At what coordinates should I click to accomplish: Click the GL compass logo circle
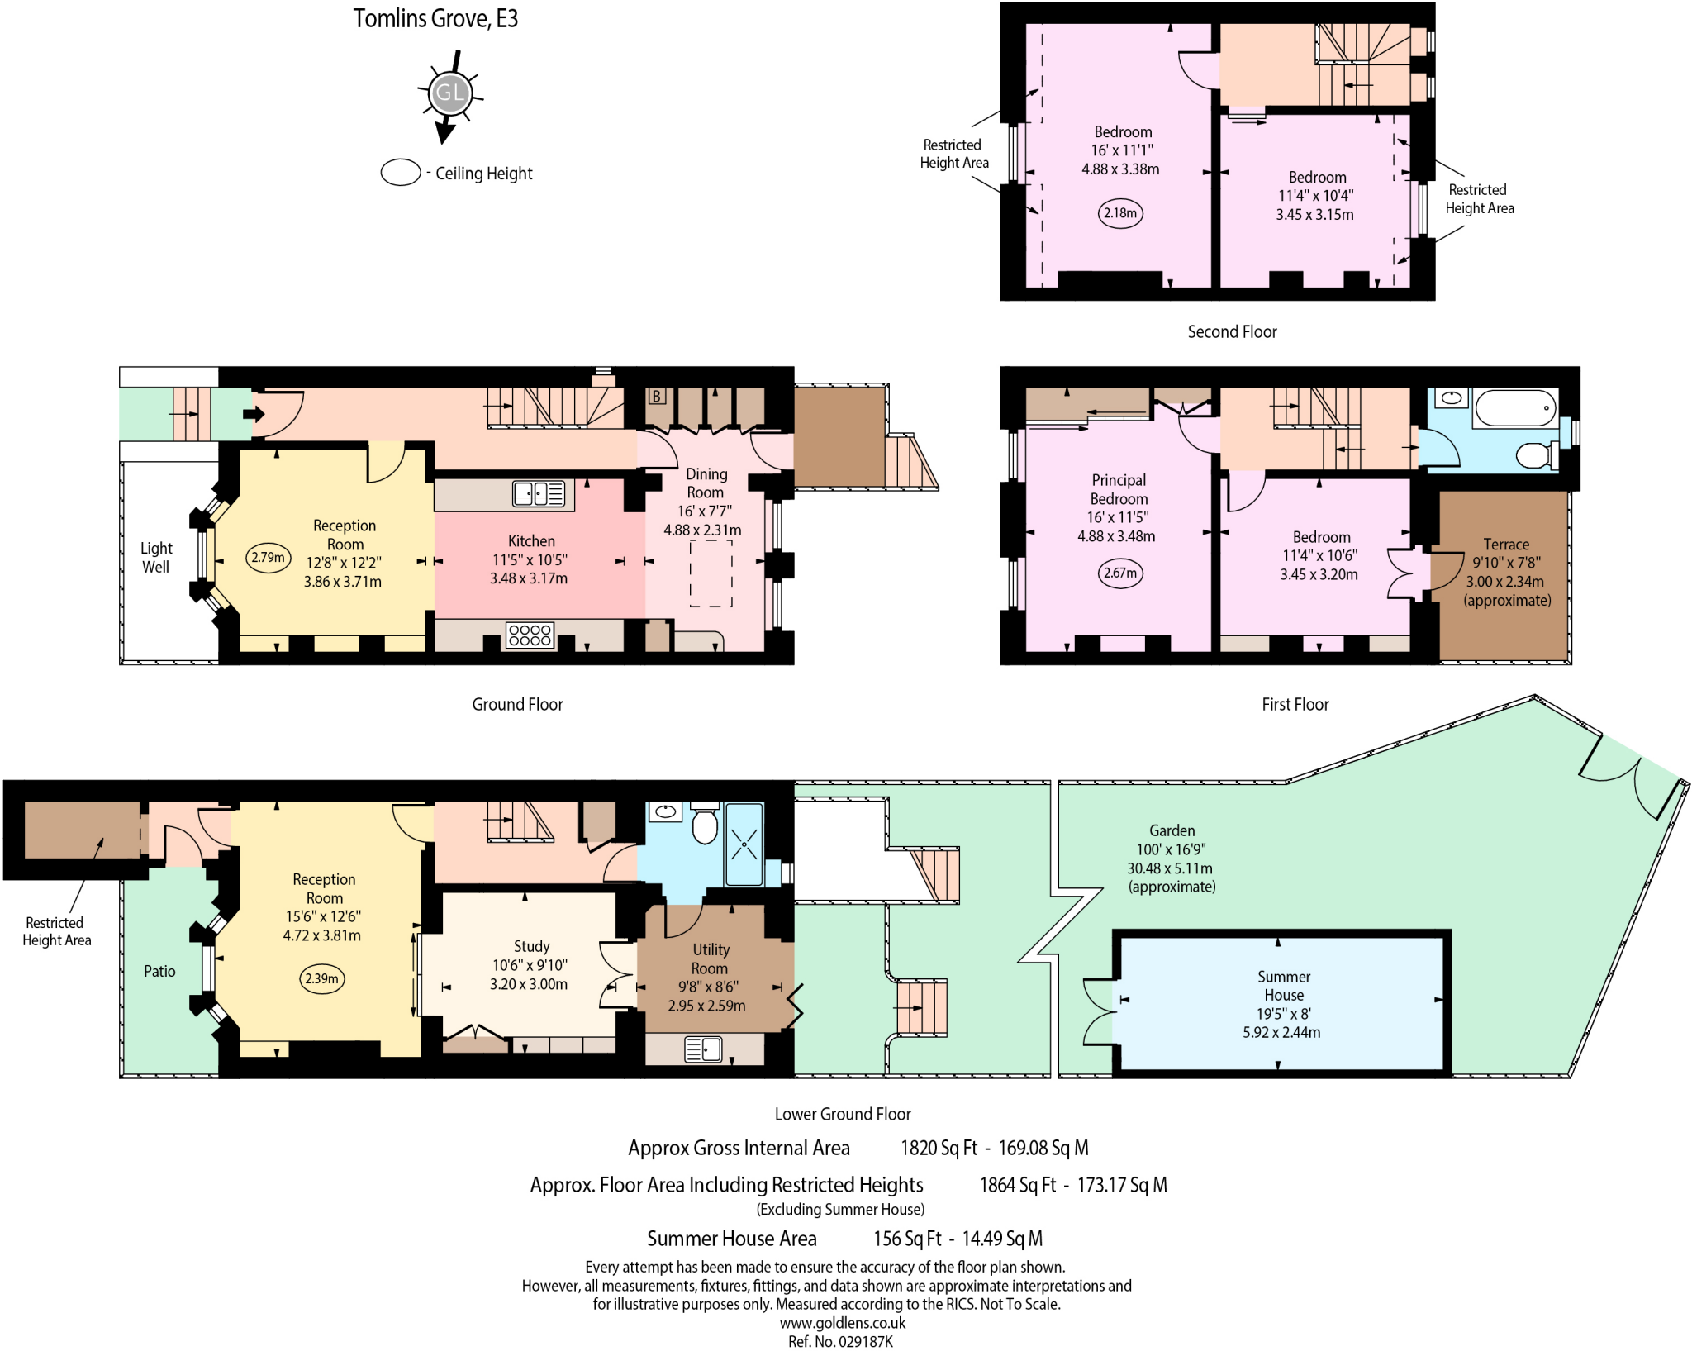[449, 93]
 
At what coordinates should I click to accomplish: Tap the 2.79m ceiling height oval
[269, 558]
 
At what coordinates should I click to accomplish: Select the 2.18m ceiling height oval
[1120, 213]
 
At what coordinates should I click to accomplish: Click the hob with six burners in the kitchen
[530, 635]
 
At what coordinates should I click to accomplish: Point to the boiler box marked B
[657, 396]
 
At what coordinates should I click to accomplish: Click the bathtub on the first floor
[1515, 408]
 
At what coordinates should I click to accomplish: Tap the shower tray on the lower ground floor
[744, 844]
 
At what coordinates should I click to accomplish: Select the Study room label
[531, 946]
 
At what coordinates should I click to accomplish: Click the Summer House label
[1283, 986]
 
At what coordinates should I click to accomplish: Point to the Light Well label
[155, 558]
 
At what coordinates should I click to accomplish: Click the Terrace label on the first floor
[1505, 545]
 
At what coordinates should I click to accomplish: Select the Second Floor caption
[1232, 332]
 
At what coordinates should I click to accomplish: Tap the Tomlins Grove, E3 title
[435, 18]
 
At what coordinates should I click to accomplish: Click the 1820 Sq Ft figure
[939, 1148]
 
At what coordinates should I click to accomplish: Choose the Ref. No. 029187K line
[840, 1341]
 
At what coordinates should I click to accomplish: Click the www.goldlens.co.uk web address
[842, 1323]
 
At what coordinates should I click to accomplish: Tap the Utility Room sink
[703, 1049]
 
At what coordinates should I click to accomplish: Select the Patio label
[159, 972]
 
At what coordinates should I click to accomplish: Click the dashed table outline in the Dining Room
[711, 573]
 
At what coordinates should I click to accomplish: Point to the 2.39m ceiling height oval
[321, 979]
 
